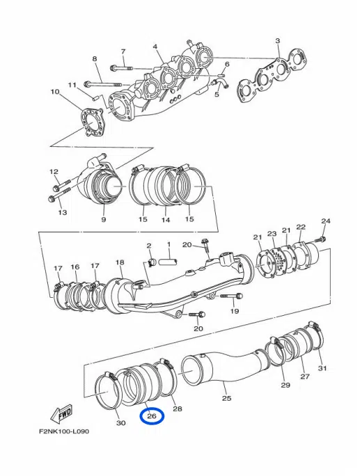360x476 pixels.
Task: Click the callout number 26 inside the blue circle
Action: (152, 417)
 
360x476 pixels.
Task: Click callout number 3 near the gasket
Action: (277, 41)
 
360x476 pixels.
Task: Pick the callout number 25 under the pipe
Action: (226, 399)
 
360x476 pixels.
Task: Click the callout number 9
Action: (103, 220)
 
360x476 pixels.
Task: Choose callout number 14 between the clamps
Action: (166, 220)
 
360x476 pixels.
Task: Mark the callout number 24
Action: (324, 221)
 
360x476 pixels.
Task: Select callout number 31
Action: (322, 368)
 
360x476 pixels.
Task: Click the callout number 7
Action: (123, 51)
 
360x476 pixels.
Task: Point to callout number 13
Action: (62, 212)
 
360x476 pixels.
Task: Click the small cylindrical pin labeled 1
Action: (168, 263)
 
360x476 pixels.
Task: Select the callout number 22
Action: (301, 227)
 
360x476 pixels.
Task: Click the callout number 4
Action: (156, 47)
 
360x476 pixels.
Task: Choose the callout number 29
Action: (285, 385)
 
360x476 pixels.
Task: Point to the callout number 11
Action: (72, 85)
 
